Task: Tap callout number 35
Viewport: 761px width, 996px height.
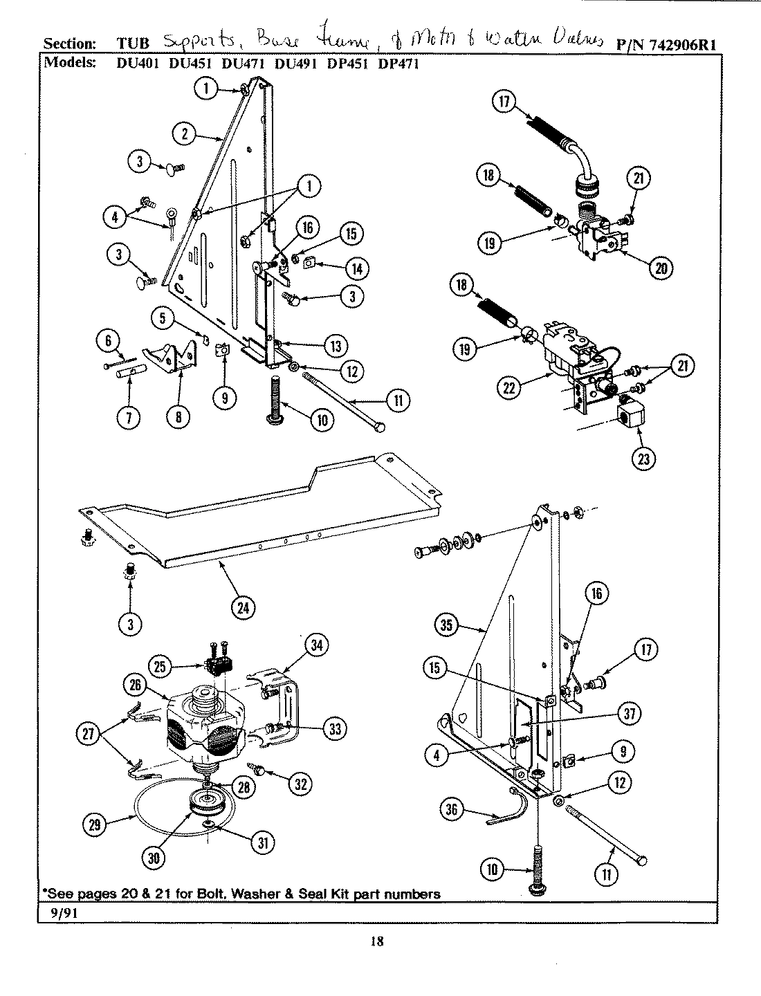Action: pyautogui.click(x=447, y=627)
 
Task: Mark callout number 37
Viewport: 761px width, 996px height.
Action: pyautogui.click(x=630, y=714)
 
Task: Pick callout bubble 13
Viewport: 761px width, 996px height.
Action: pyautogui.click(x=336, y=345)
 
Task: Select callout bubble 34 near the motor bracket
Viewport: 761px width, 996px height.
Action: pyautogui.click(x=315, y=646)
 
